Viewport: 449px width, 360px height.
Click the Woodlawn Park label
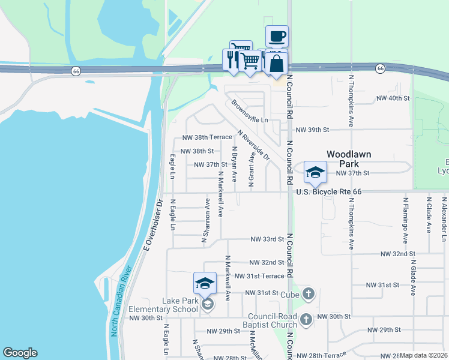click(348, 159)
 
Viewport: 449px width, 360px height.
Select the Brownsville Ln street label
click(249, 112)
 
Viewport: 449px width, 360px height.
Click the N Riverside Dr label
click(253, 146)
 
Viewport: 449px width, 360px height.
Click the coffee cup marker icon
click(277, 37)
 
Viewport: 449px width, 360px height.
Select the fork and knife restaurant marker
click(232, 59)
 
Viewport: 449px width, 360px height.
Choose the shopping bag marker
click(276, 62)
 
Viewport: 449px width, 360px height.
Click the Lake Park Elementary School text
click(163, 305)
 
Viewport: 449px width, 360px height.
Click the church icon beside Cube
click(308, 293)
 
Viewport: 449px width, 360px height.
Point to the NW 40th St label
click(393, 98)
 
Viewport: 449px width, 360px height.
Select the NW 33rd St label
click(267, 239)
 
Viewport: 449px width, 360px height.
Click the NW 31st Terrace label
click(259, 276)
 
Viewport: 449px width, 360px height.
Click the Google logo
click(20, 353)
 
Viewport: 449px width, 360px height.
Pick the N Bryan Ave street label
click(235, 164)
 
